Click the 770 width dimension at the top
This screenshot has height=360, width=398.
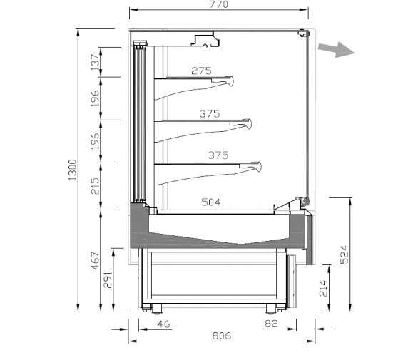(x=219, y=4)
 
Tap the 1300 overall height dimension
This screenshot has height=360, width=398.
(x=73, y=170)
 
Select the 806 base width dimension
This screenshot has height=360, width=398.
(x=222, y=336)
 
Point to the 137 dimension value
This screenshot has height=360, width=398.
(x=95, y=63)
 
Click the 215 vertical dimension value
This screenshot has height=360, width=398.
(x=95, y=186)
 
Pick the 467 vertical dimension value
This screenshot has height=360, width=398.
(x=95, y=260)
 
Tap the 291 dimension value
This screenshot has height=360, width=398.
(x=108, y=280)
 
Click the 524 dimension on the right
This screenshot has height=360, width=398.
(x=345, y=254)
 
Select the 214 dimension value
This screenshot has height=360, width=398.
(x=323, y=288)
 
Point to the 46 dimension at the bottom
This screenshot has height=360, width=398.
(x=164, y=324)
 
